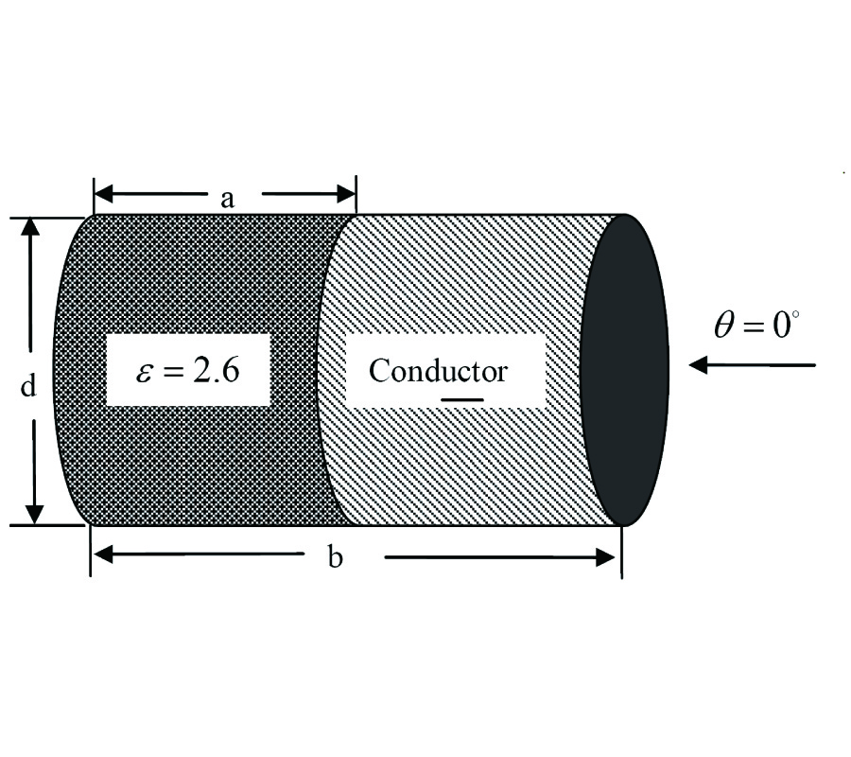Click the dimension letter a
[x=227, y=198]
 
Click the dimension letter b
[x=335, y=557]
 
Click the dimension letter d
[x=28, y=386]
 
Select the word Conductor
[x=437, y=370]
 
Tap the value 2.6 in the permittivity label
[x=215, y=369]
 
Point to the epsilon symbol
[x=143, y=370]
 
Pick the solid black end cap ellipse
[x=624, y=369]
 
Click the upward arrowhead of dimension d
[x=33, y=227]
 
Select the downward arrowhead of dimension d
[x=33, y=514]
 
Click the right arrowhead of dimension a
[x=345, y=195]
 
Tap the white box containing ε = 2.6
[x=187, y=369]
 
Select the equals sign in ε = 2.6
[x=176, y=370]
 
